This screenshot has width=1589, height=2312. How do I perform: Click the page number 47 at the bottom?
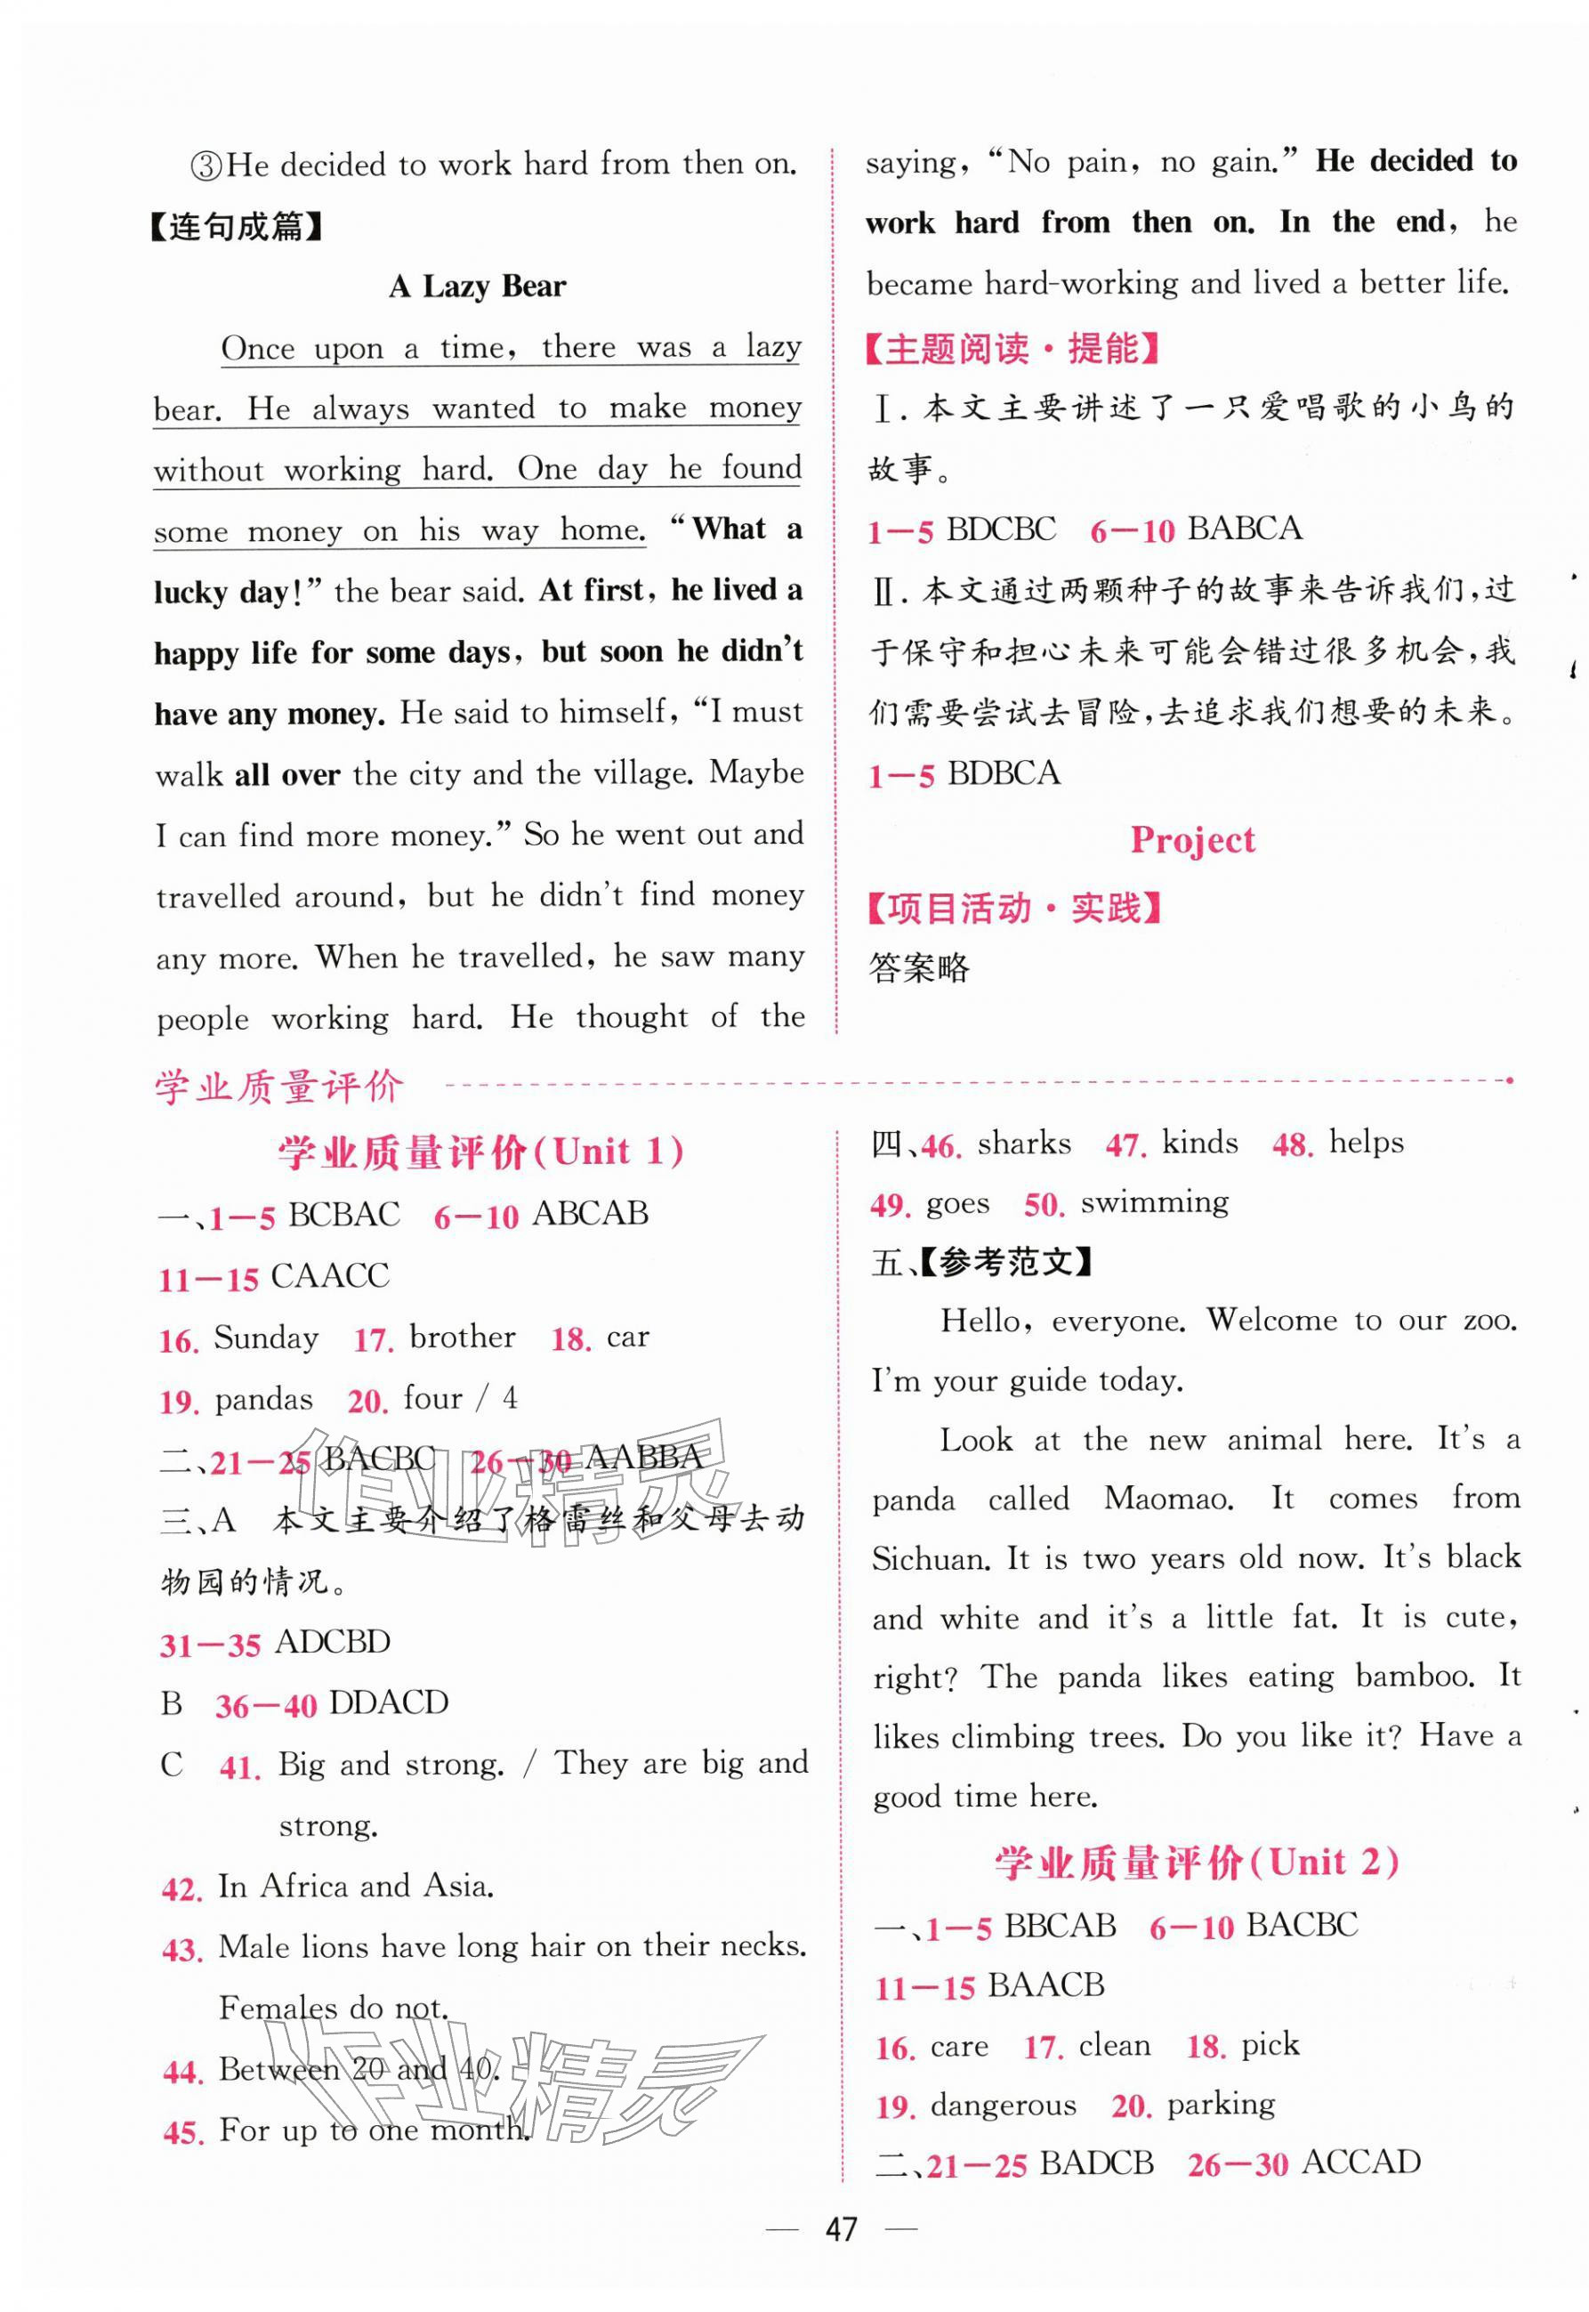pos(842,2228)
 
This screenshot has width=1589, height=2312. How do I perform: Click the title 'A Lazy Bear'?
pos(477,287)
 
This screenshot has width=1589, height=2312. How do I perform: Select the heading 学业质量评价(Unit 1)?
pos(480,1152)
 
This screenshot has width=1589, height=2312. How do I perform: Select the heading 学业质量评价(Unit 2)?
pos(1196,1862)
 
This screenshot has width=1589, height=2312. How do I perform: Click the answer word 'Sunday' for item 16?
pos(266,1338)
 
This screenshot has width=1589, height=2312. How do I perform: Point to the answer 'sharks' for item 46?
pos(1023,1143)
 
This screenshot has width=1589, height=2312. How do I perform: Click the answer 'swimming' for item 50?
pos(1154,1203)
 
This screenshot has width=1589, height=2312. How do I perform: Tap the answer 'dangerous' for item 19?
pos(1003,2105)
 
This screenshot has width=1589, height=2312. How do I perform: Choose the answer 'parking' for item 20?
pos(1221,2104)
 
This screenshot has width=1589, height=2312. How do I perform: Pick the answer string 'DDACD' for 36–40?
pos(387,1702)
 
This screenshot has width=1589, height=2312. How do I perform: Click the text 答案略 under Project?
pos(918,968)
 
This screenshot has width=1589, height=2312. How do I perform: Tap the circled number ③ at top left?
pos(206,166)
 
